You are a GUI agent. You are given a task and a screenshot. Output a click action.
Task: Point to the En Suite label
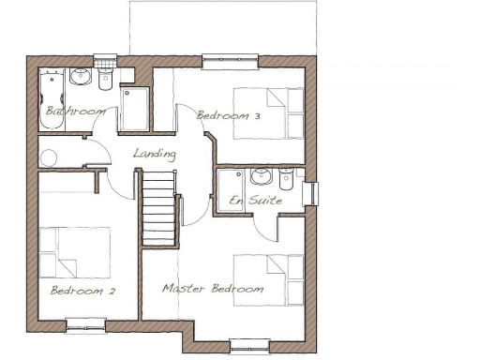click(x=247, y=201)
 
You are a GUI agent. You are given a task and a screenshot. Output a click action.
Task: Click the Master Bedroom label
click(x=212, y=289)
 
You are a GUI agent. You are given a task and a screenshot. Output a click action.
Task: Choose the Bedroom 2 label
click(x=82, y=290)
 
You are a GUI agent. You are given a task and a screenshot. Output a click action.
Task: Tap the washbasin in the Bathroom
click(x=81, y=77)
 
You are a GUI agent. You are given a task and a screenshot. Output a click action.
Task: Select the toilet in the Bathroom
click(x=104, y=78)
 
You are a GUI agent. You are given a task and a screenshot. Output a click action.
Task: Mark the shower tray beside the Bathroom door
click(x=134, y=109)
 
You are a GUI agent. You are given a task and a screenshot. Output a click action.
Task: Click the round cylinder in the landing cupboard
click(x=49, y=157)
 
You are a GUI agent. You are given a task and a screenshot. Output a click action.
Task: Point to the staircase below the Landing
click(x=158, y=208)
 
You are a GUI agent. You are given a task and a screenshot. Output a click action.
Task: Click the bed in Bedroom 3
click(x=268, y=113)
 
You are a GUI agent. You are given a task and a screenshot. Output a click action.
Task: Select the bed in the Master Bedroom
click(x=268, y=278)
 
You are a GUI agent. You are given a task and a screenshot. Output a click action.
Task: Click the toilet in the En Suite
click(x=285, y=177)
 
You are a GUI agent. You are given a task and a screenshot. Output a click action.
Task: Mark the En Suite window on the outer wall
click(x=314, y=193)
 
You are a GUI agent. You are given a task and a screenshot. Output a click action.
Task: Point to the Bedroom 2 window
click(x=86, y=325)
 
